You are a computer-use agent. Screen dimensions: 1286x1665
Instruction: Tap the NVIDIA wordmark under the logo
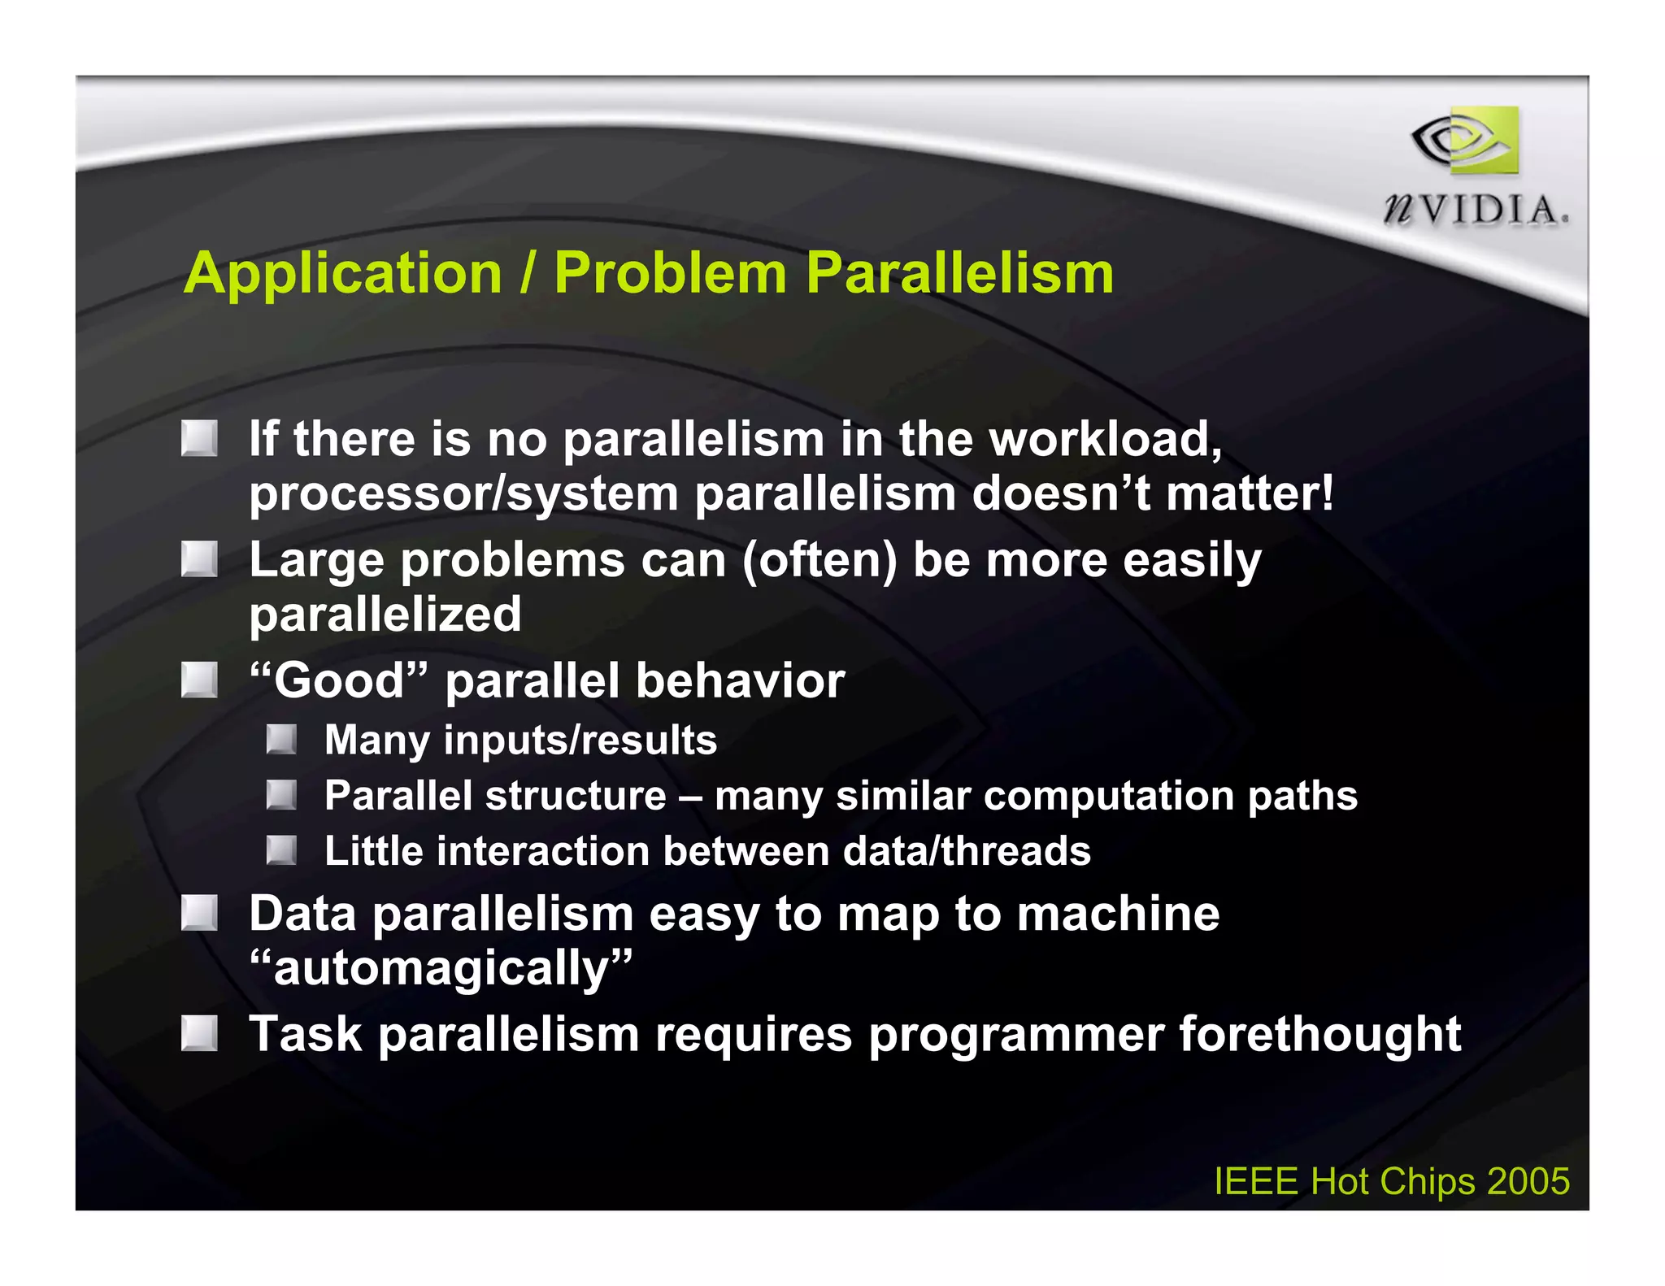point(1476,211)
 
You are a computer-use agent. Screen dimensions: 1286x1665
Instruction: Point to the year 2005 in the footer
point(1528,1181)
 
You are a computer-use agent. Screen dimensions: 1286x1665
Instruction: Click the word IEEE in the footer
point(1256,1181)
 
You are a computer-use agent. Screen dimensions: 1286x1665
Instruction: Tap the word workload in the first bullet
point(1105,439)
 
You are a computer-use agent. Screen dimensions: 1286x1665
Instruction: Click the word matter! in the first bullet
point(1250,493)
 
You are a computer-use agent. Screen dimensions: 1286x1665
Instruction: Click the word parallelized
point(385,615)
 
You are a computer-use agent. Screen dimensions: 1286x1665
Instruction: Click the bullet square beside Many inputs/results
point(281,740)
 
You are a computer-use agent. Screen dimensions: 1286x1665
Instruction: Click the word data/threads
point(967,851)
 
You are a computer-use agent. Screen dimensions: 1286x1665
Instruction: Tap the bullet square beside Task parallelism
point(199,1033)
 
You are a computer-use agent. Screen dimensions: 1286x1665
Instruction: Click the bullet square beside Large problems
point(199,559)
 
